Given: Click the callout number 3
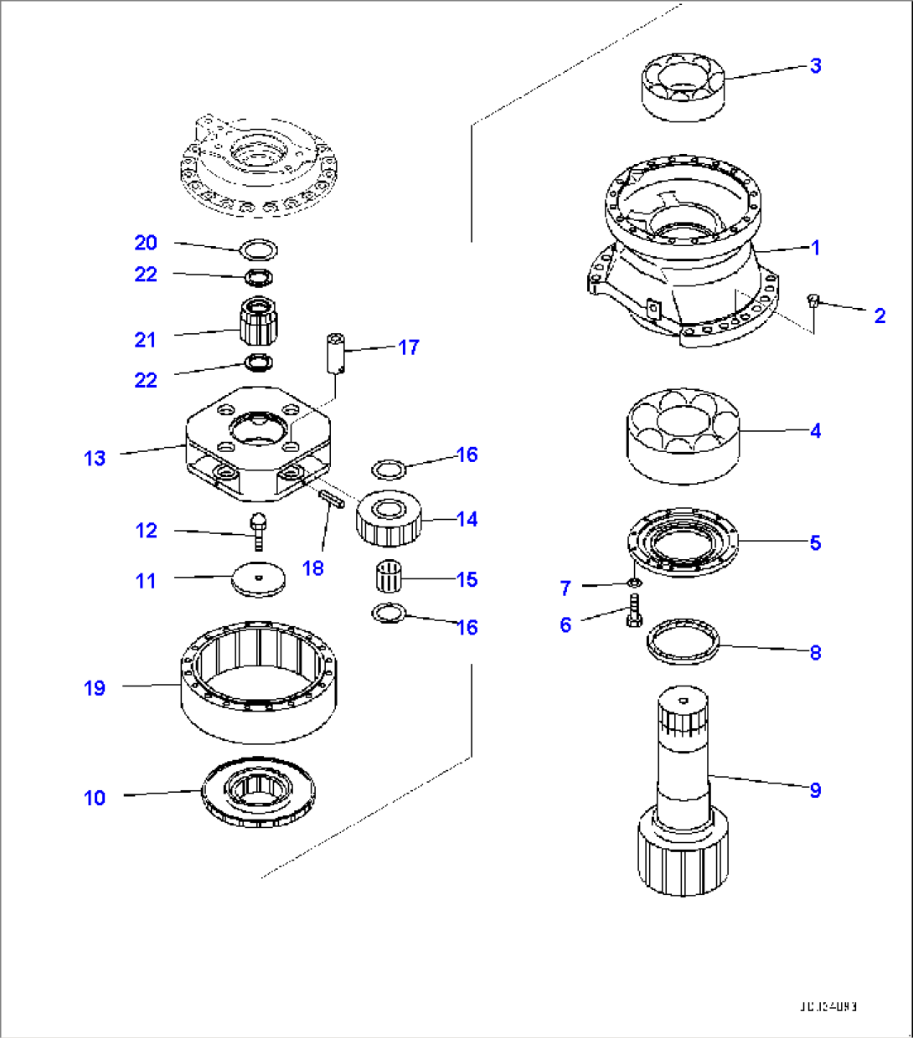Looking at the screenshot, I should click(x=815, y=65).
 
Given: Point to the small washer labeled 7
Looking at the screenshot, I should click(x=634, y=582).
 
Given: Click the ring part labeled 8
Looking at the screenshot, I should click(x=683, y=642).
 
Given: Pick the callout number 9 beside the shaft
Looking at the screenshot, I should click(x=815, y=789).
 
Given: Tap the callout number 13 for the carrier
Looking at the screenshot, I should click(x=95, y=458).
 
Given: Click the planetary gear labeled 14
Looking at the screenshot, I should click(x=389, y=518).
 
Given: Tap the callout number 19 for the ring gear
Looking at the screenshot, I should click(x=95, y=688).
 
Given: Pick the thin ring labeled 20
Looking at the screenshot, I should click(x=258, y=249).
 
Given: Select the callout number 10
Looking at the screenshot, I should click(x=95, y=798).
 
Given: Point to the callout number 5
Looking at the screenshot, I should click(x=815, y=542).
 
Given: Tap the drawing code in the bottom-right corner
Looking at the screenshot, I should click(x=827, y=1007).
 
